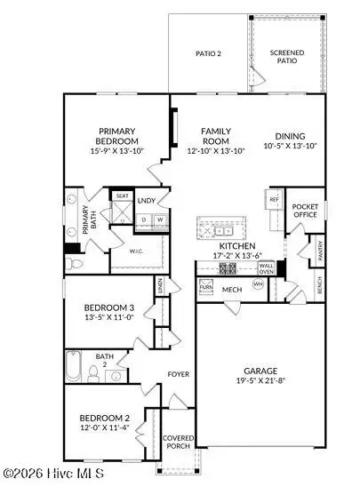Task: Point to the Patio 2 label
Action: [x=208, y=54]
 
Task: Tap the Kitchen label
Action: [x=237, y=244]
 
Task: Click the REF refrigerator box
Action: [x=275, y=200]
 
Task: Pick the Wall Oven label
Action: [x=266, y=268]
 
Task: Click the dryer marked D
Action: [x=145, y=220]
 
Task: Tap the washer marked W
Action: [x=160, y=220]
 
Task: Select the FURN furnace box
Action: [x=205, y=288]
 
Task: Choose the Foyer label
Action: [x=179, y=374]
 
